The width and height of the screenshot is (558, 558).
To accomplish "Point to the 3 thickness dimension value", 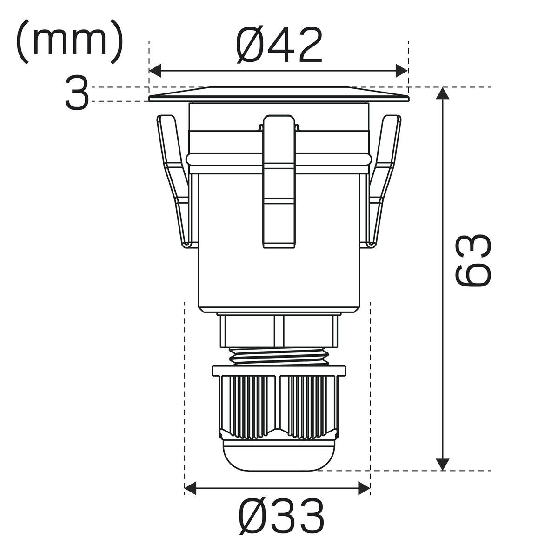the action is pyautogui.click(x=76, y=93).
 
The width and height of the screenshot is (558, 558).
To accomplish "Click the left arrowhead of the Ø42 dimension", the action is pyautogui.click(x=155, y=71).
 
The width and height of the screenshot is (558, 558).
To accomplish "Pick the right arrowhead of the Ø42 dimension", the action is pyautogui.click(x=402, y=71).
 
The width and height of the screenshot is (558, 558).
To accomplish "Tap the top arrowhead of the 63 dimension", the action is pyautogui.click(x=443, y=93).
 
